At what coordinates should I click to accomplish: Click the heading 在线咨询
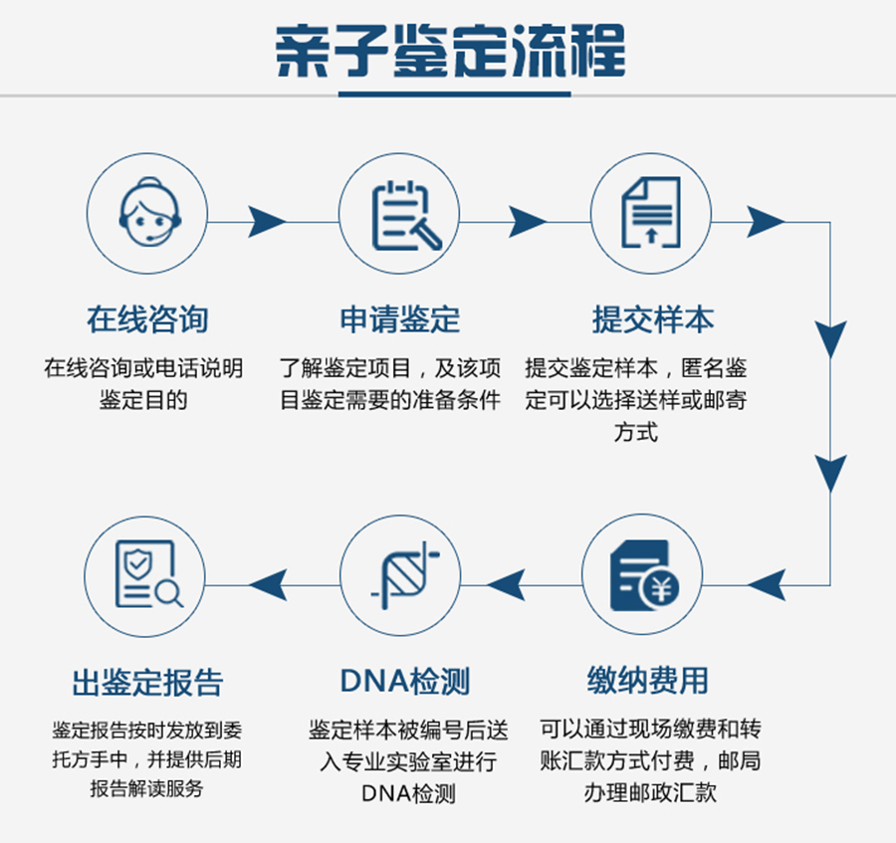click(147, 319)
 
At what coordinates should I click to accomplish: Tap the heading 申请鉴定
click(399, 319)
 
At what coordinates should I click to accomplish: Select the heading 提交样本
click(652, 319)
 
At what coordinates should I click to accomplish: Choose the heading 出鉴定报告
click(147, 683)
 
